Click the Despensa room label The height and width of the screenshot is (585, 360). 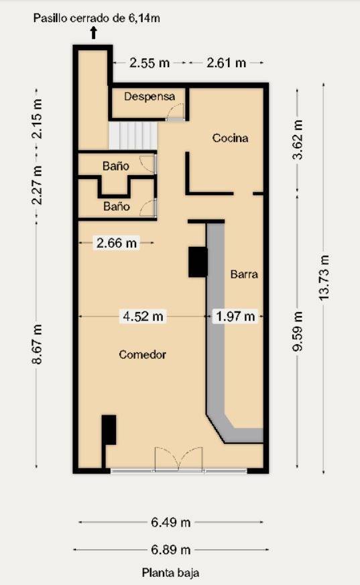pyautogui.click(x=149, y=97)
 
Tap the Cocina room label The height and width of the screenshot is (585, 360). pyautogui.click(x=230, y=138)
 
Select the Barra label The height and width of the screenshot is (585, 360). pyautogui.click(x=244, y=274)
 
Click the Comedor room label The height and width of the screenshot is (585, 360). pyautogui.click(x=142, y=354)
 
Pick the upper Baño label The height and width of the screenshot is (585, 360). pyautogui.click(x=116, y=165)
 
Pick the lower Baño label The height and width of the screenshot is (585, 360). pyautogui.click(x=116, y=207)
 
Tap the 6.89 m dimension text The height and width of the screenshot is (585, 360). pyautogui.click(x=170, y=549)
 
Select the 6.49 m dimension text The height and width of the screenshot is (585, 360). pyautogui.click(x=170, y=522)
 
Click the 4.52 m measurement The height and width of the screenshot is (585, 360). pyautogui.click(x=141, y=316)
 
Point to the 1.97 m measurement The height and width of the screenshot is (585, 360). pyautogui.click(x=235, y=316)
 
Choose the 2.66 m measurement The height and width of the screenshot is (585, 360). pyautogui.click(x=117, y=244)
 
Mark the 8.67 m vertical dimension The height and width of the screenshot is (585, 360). pyautogui.click(x=38, y=344)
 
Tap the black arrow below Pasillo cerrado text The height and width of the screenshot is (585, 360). pyautogui.click(x=93, y=31)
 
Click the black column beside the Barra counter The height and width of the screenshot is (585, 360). pyautogui.click(x=198, y=262)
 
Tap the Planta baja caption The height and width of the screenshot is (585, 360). pyautogui.click(x=170, y=573)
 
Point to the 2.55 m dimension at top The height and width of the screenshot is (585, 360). pyautogui.click(x=149, y=63)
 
